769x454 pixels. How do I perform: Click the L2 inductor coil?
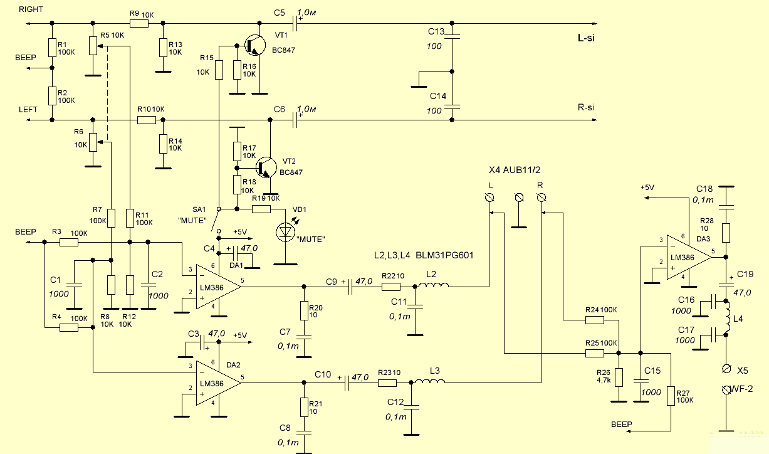pyautogui.click(x=434, y=287)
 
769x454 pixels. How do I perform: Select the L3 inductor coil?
pyautogui.click(x=428, y=382)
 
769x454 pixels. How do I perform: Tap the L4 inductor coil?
pyautogui.click(x=728, y=317)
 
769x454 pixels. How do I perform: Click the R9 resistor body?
pyautogui.click(x=139, y=24)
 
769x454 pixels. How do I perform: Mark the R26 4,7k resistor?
pyautogui.click(x=619, y=377)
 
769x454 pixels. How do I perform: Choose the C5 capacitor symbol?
pyautogui.click(x=296, y=24)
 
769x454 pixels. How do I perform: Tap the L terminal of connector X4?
pyautogui.click(x=490, y=198)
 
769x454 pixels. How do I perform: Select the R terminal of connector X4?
pyautogui.click(x=541, y=198)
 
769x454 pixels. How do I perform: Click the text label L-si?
pyautogui.click(x=586, y=38)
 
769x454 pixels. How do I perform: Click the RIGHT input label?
pyautogui.click(x=31, y=9)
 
